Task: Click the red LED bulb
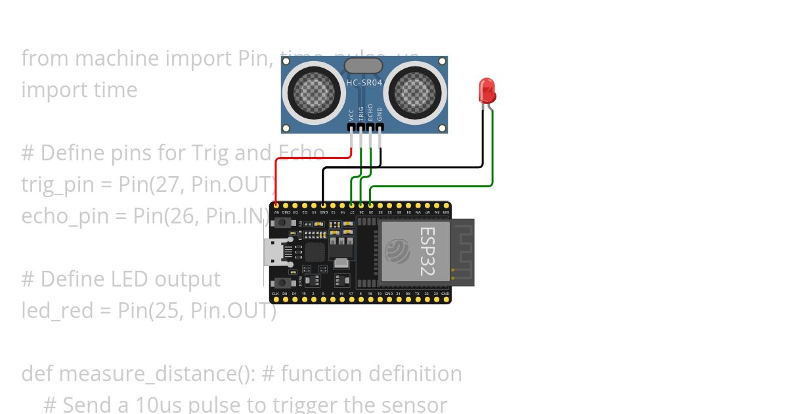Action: click(x=487, y=90)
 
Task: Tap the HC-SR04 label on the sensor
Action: click(x=364, y=82)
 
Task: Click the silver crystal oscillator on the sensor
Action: click(x=363, y=65)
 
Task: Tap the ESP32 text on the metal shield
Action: click(x=427, y=252)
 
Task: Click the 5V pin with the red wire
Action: click(x=276, y=206)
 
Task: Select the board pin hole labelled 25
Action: click(x=370, y=206)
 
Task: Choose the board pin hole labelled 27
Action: click(x=351, y=206)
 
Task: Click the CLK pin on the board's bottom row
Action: click(x=276, y=300)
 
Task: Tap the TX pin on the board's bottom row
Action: click(x=418, y=300)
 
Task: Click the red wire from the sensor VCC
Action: click(x=309, y=158)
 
